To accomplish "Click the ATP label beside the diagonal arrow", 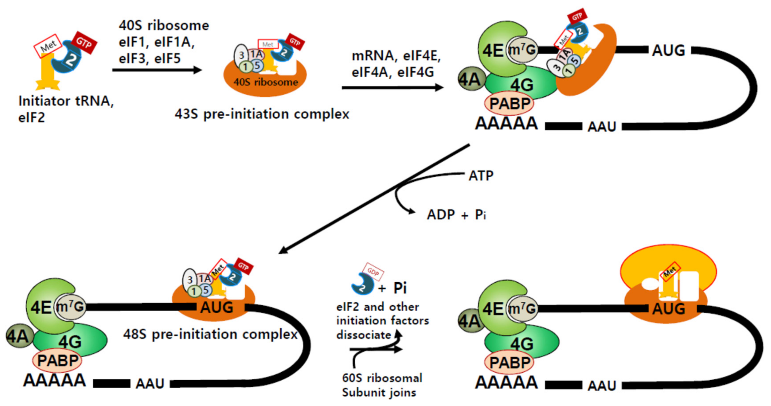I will (481, 176).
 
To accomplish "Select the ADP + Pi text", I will (456, 215).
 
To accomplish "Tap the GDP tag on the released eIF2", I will (373, 272).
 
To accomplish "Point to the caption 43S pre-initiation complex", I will (262, 114).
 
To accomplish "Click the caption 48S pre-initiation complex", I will (210, 334).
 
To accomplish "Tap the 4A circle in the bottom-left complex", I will (19, 336).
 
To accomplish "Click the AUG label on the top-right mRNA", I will (669, 50).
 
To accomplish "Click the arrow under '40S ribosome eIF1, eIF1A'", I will (157, 70).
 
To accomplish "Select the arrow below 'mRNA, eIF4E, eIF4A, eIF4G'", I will (392, 88).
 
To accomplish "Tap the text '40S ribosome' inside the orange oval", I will (266, 82).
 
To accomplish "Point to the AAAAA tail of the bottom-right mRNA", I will (506, 383).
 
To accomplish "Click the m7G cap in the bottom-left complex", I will (71, 307).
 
